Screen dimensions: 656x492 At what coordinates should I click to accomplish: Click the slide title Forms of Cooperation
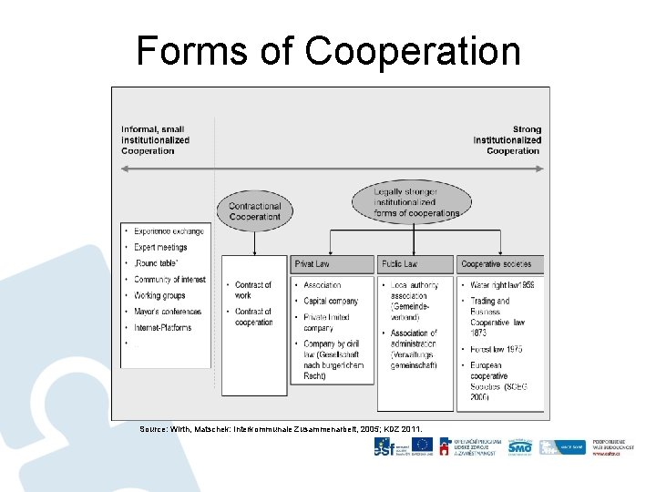point(328,51)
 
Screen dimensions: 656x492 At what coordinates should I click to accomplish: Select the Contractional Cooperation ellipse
point(255,211)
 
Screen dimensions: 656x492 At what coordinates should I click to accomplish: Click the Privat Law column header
point(333,264)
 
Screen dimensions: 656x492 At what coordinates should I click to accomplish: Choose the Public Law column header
point(415,264)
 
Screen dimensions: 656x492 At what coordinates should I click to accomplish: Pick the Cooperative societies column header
point(499,264)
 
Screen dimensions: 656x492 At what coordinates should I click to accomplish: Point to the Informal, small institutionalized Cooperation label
point(156,139)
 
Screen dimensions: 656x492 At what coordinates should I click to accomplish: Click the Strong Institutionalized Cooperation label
point(507,139)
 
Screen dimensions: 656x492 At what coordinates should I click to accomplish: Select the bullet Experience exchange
point(169,231)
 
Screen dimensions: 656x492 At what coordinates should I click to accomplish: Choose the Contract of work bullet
point(253,291)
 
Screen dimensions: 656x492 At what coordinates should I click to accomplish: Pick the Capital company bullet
point(331,302)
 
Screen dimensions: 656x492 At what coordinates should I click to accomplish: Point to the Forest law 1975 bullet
point(497,349)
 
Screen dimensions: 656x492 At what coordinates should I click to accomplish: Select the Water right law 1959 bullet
point(502,285)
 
